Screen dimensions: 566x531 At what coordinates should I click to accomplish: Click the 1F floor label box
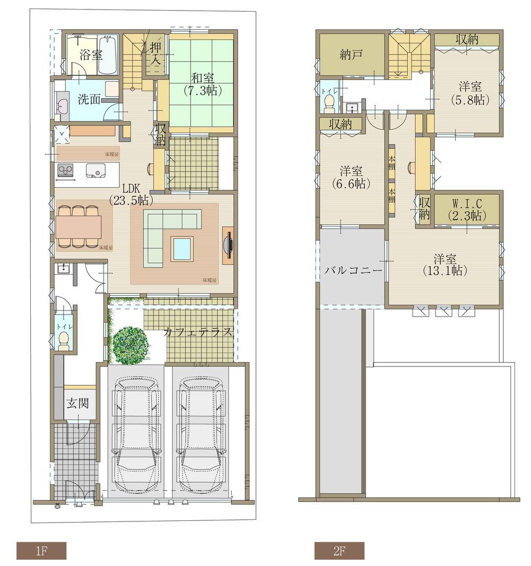[41, 551]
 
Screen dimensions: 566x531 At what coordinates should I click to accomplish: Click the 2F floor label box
[339, 551]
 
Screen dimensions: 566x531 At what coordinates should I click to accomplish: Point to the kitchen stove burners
[65, 170]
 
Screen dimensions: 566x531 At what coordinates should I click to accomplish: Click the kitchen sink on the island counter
[97, 170]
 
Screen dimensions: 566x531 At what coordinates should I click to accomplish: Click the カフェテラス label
[198, 333]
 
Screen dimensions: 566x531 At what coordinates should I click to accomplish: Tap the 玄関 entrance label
[78, 403]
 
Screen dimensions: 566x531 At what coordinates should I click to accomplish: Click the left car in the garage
[136, 435]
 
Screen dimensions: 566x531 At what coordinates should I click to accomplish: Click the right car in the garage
[201, 435]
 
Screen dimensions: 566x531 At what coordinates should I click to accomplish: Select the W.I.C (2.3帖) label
[466, 210]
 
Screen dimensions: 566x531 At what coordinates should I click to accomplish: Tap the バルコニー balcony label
[353, 270]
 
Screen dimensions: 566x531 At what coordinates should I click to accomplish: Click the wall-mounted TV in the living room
[228, 245]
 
